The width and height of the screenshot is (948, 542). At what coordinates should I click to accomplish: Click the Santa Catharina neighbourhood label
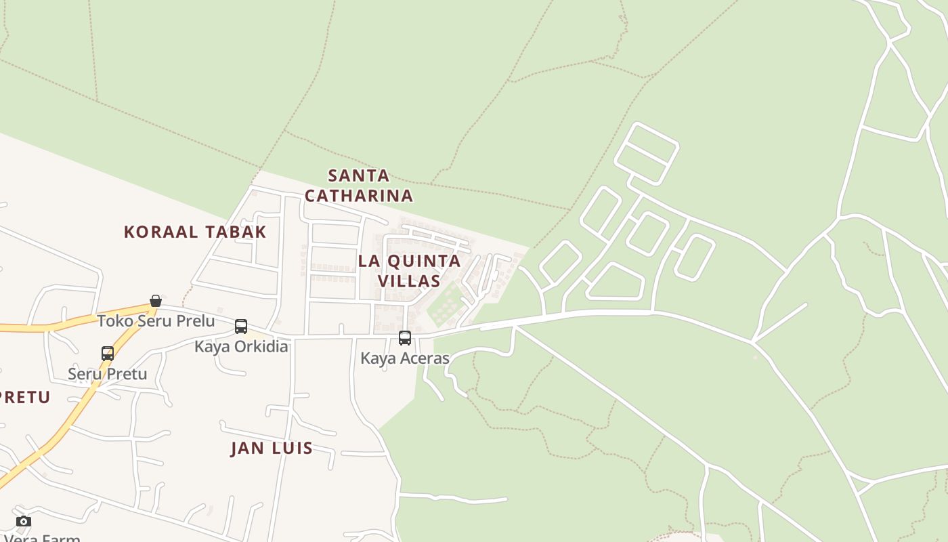(358, 186)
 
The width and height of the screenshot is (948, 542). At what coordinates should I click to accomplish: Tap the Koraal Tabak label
(195, 232)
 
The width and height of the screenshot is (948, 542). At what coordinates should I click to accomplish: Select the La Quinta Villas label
(409, 270)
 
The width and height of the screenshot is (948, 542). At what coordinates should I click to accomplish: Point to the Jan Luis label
(272, 448)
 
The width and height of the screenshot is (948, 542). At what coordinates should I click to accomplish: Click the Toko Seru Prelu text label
(156, 320)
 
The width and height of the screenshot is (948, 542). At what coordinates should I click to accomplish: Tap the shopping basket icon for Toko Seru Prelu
(156, 301)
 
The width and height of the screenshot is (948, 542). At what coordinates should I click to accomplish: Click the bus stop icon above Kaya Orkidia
(241, 327)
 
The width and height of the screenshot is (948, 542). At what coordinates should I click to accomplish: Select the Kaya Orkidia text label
(241, 346)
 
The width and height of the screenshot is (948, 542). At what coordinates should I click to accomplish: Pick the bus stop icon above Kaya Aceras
(405, 338)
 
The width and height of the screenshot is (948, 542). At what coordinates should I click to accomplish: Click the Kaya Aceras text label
(405, 358)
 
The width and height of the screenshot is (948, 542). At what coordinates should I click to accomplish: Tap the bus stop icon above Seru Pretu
(108, 354)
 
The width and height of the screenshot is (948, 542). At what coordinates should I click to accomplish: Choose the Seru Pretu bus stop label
(108, 373)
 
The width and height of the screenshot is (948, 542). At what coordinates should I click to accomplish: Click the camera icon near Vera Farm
(24, 521)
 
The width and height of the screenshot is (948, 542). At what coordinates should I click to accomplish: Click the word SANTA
(359, 176)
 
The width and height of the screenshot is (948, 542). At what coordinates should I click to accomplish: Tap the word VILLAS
(409, 280)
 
